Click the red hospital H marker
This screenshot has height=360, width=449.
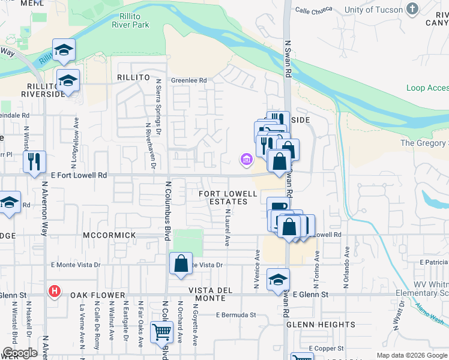click(54, 292)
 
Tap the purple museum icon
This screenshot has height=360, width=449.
click(246, 160)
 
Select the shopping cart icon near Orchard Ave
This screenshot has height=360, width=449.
click(161, 331)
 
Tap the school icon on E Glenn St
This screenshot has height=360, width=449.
click(278, 279)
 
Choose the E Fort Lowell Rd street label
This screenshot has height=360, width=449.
click(74, 175)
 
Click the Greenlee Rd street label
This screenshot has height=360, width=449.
click(189, 80)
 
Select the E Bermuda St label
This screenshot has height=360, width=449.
click(236, 314)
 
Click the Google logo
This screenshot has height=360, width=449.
click(20, 353)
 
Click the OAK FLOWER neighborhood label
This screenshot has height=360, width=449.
click(97, 295)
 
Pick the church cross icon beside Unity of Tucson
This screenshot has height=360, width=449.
click(412, 8)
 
